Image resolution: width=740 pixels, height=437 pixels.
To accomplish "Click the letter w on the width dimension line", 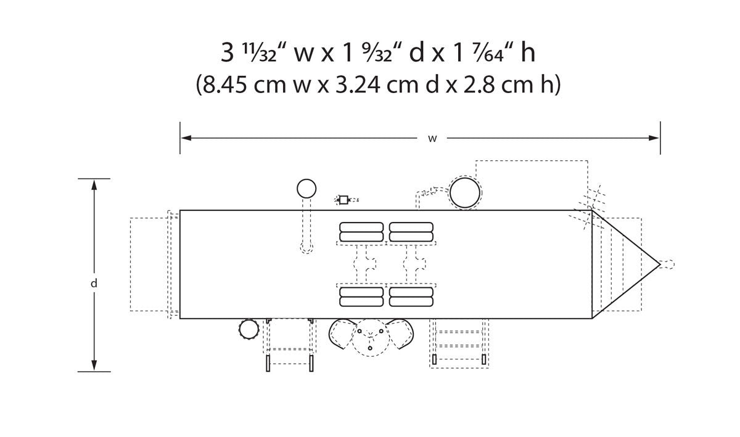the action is tap(432, 139).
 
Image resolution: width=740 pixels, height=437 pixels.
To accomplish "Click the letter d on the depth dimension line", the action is tap(94, 283).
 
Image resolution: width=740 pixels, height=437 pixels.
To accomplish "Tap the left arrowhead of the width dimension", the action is tap(186, 137).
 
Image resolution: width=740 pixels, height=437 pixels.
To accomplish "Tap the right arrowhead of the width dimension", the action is tap(654, 138).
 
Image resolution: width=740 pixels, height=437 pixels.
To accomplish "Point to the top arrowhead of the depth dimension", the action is tap(94, 186).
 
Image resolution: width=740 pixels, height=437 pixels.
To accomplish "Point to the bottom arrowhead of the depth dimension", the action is tap(94, 365).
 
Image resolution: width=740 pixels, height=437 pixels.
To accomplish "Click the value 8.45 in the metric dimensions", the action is tap(224, 84).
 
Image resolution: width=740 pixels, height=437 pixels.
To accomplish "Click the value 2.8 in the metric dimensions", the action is tap(479, 84).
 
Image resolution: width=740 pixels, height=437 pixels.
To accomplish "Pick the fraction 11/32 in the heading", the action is tap(260, 53).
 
